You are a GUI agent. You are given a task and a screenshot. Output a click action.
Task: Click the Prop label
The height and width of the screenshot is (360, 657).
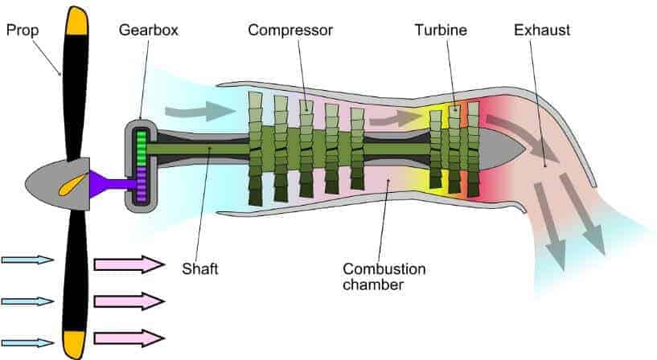tap(23, 31)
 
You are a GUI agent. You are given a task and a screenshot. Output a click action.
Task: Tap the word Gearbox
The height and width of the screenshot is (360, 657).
tap(148, 31)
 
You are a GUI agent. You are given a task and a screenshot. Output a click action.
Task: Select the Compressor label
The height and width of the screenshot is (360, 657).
tap(290, 31)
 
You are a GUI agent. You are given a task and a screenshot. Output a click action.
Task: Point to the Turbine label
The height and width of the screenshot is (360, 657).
tap(441, 30)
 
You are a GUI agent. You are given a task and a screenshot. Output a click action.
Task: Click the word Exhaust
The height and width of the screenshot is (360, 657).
tap(542, 30)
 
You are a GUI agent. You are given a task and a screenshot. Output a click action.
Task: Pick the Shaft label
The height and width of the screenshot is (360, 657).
tap(200, 268)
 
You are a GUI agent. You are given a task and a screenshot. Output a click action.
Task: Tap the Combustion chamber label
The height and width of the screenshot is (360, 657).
tap(384, 276)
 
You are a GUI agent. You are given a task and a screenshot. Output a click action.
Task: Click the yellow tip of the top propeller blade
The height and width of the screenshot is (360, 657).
tap(76, 21)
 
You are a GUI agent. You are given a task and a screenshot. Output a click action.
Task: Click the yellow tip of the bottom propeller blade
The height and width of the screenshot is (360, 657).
tap(75, 344)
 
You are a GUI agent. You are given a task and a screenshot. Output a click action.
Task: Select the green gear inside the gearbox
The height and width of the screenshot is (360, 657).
tap(142, 148)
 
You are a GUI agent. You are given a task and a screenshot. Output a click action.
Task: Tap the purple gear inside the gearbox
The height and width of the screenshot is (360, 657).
tap(142, 183)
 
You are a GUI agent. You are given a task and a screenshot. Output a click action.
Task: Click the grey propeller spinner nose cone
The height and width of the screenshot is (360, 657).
tap(57, 184)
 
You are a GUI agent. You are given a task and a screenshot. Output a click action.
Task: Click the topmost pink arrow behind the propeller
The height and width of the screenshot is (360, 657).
tap(129, 264)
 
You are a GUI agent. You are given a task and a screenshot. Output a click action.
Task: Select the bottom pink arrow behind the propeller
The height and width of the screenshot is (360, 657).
tap(129, 338)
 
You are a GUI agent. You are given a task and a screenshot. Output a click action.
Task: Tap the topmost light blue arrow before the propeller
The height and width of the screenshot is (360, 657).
tap(27, 260)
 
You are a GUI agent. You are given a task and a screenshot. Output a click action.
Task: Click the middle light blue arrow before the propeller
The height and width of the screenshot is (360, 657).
tap(27, 301)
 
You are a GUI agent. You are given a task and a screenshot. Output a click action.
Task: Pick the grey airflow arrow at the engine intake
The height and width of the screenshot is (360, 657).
tap(199, 111)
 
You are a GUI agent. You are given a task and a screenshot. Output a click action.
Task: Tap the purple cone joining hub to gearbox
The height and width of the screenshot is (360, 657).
tap(113, 184)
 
